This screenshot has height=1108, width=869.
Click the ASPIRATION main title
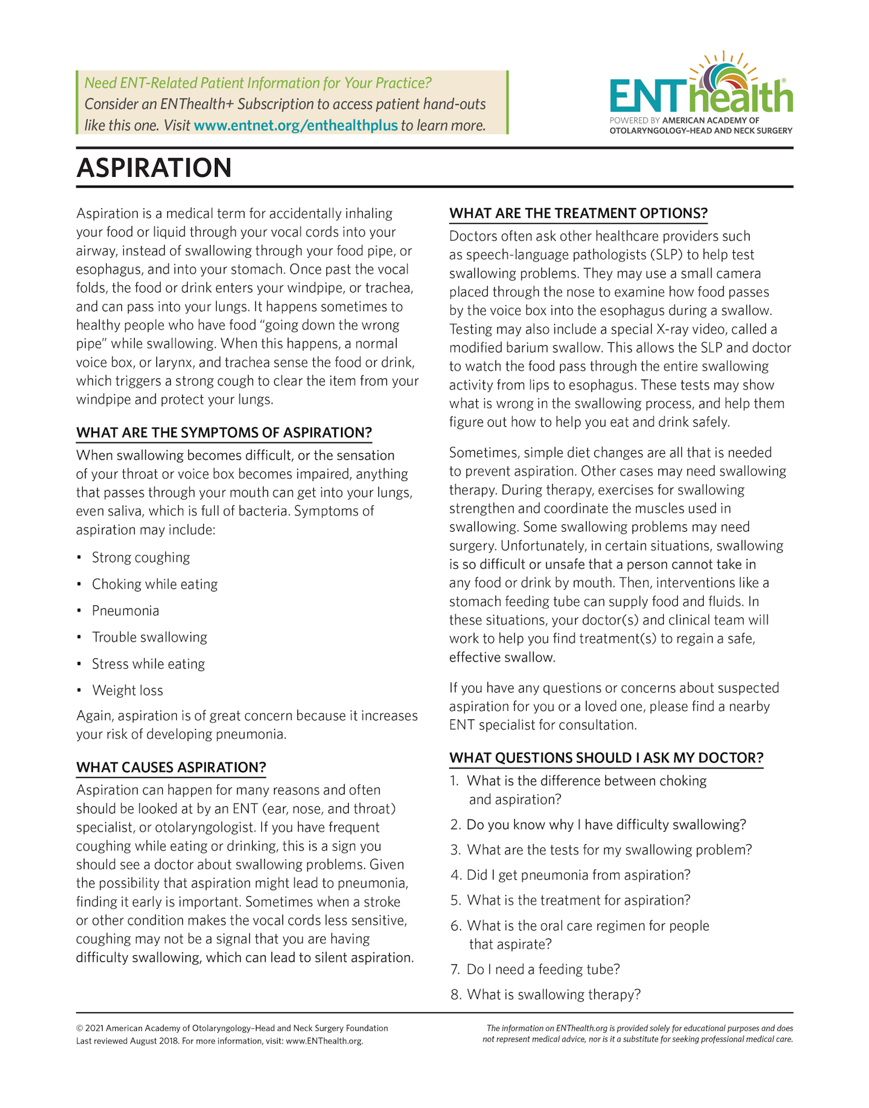(154, 168)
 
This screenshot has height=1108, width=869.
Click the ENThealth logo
(701, 94)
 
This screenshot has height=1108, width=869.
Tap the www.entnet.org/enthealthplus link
(296, 126)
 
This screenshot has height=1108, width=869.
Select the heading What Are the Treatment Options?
(578, 213)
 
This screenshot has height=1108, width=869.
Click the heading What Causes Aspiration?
(171, 767)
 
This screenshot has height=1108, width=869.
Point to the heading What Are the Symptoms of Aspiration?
(224, 433)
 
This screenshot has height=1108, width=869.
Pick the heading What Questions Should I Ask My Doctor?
(606, 757)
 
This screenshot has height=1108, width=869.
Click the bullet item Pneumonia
(126, 611)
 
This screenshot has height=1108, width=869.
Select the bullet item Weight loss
(127, 690)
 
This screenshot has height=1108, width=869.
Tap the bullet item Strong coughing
(141, 558)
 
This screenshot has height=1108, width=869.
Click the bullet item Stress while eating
(148, 664)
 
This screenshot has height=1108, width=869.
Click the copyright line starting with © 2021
(232, 1028)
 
